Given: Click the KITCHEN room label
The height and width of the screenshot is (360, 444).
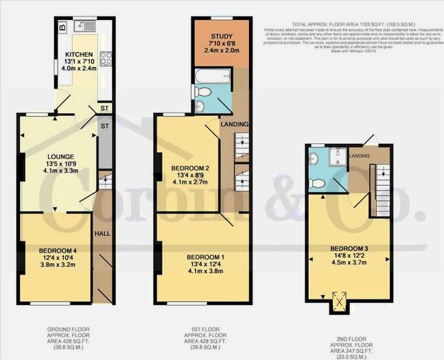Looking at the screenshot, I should click(79, 53).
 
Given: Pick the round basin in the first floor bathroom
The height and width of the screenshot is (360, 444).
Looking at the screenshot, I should click(200, 106).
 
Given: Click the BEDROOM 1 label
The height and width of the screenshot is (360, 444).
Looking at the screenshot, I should click(206, 257).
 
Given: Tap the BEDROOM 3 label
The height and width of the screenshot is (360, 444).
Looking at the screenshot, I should click(349, 248).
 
